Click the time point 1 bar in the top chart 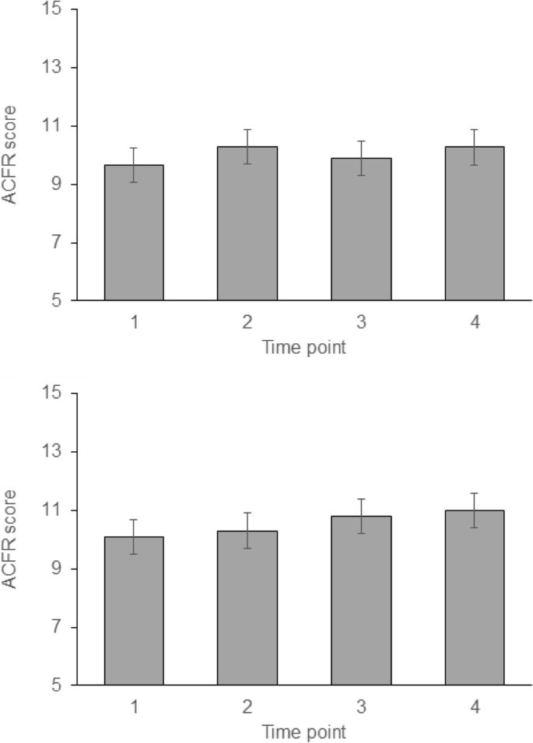(134, 233)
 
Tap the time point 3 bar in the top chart (361, 230)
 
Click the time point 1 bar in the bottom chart (134, 612)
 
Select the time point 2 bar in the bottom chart (247, 608)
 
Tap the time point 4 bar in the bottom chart (475, 598)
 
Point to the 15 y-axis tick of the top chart (52, 9)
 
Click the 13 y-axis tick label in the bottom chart (52, 452)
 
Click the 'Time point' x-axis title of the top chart (304, 348)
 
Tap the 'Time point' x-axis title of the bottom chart (304, 732)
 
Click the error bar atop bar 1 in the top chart (134, 165)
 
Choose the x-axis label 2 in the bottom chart (247, 707)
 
